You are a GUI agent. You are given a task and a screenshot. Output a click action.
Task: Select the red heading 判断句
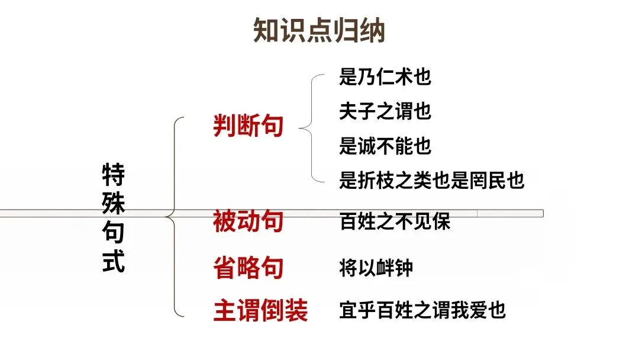248,126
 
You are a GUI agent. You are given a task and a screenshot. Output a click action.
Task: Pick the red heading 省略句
248,268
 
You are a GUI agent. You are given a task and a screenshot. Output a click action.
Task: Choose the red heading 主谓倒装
261,310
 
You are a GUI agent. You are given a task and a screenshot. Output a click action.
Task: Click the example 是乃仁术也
385,77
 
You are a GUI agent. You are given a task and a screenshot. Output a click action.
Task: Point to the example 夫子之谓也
385,111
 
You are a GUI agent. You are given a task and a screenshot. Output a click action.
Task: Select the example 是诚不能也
385,146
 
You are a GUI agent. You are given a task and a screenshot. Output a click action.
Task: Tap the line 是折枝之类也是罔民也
432,180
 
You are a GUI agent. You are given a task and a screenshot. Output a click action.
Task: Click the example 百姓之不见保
395,221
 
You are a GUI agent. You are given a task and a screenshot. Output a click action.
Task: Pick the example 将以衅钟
376,268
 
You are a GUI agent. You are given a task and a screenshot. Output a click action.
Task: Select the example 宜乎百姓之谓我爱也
422,310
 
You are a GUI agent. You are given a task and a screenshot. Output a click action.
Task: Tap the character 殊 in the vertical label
114,204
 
